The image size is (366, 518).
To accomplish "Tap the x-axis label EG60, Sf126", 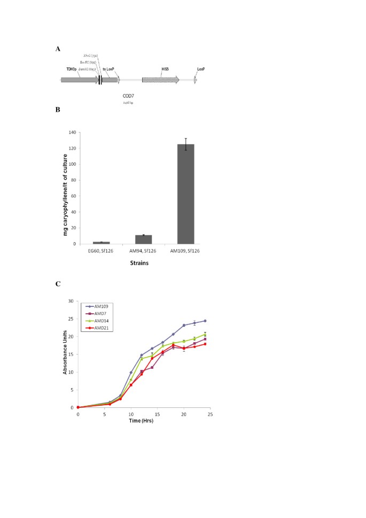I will pos(102,250).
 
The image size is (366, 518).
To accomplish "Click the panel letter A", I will pos(58,49).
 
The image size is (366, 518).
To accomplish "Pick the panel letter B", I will pos(58,110).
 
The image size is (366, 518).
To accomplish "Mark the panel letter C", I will pos(58,283).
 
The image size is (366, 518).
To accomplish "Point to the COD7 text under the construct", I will pos(128,96).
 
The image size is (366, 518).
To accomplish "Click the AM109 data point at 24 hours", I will pos(205,321).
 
